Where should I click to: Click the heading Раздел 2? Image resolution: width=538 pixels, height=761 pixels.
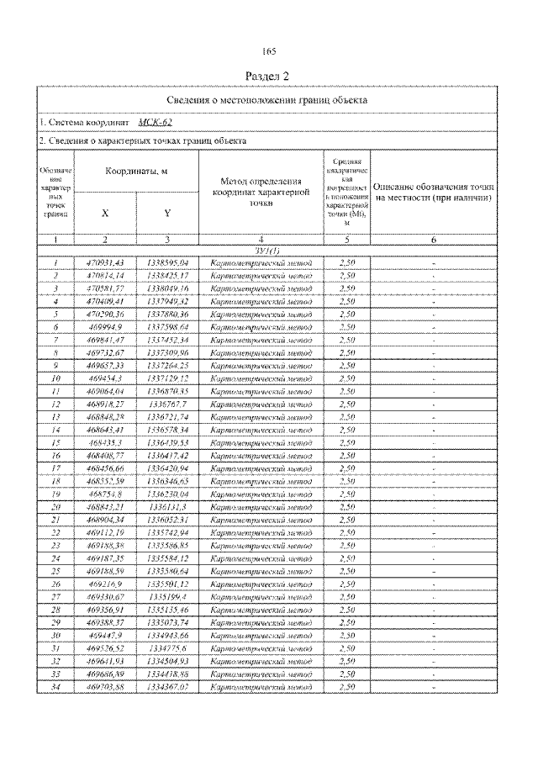click(x=268, y=76)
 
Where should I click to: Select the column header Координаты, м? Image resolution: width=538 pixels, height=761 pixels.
click(x=136, y=171)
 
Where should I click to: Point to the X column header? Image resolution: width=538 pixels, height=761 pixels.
click(x=105, y=213)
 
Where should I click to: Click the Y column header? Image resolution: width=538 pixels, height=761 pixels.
click(x=167, y=213)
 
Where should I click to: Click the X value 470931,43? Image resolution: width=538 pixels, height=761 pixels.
click(x=105, y=263)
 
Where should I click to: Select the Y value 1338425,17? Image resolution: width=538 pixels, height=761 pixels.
click(x=167, y=275)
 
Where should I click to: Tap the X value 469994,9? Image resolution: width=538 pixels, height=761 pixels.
click(x=105, y=326)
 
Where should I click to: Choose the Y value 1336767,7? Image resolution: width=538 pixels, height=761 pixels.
click(x=167, y=404)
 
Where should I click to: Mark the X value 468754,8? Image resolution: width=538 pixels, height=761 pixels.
click(x=105, y=494)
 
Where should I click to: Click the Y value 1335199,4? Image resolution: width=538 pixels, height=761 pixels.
click(x=167, y=596)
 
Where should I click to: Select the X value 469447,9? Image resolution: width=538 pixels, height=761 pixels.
click(x=105, y=636)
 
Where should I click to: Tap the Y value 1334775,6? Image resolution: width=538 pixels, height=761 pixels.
click(x=167, y=648)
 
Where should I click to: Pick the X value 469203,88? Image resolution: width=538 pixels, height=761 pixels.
click(x=105, y=687)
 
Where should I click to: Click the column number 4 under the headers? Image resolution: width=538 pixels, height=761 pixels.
click(x=261, y=240)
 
